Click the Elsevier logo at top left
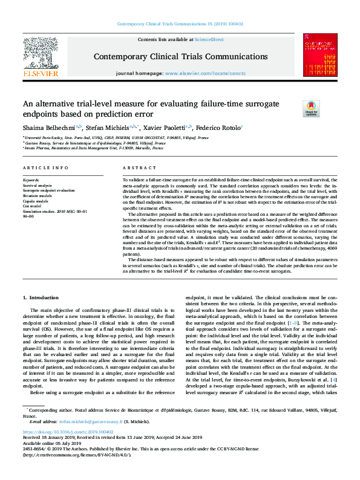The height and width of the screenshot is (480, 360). pos(41,57)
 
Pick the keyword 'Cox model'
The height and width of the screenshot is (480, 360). pos(33,206)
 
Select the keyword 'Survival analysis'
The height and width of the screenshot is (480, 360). pos(38,184)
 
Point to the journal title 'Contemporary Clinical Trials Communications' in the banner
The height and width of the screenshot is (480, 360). pos(180,56)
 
